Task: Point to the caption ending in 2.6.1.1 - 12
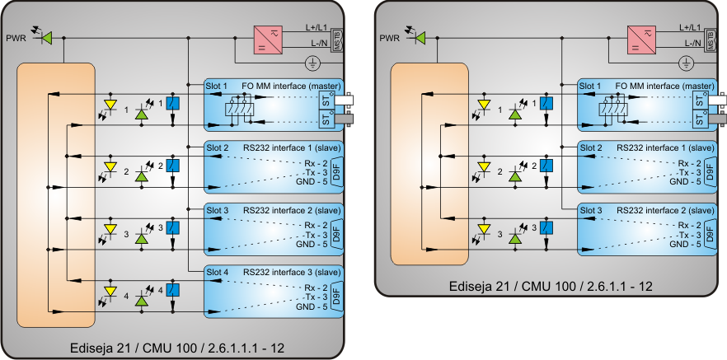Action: pyautogui.click(x=551, y=286)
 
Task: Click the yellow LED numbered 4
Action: pyautogui.click(x=110, y=292)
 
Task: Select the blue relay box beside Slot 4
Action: pyautogui.click(x=173, y=290)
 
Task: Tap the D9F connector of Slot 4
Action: pyautogui.click(x=336, y=294)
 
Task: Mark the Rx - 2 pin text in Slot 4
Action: pyautogui.click(x=316, y=287)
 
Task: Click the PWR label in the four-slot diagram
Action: pyautogui.click(x=16, y=38)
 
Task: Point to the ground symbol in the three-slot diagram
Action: pyautogui.click(x=685, y=63)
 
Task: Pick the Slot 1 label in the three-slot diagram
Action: pyautogui.click(x=590, y=86)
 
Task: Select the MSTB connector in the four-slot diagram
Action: pyautogui.click(x=335, y=40)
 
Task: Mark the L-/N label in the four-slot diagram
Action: pyautogui.click(x=321, y=43)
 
